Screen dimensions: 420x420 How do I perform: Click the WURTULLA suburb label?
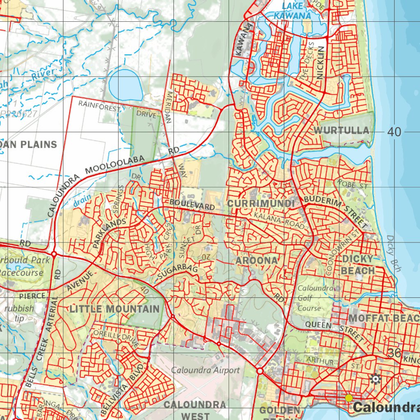pyautogui.click(x=341, y=130)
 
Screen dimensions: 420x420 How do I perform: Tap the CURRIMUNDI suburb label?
pyautogui.click(x=261, y=204)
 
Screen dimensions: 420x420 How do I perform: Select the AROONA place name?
pyautogui.click(x=257, y=260)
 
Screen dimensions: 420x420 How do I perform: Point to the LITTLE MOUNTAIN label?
pyautogui.click(x=114, y=309)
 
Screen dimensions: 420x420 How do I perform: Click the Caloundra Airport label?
pyautogui.click(x=205, y=370)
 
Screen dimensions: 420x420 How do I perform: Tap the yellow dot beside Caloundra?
pyautogui.click(x=349, y=397)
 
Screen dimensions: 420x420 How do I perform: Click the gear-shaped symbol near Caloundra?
pyautogui.click(x=375, y=379)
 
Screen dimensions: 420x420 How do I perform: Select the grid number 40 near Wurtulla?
pyautogui.click(x=394, y=132)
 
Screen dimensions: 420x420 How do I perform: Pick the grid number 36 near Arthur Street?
pyautogui.click(x=394, y=353)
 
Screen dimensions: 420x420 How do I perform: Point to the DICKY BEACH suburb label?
pyautogui.click(x=358, y=265)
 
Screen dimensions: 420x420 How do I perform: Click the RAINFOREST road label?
pyautogui.click(x=100, y=106)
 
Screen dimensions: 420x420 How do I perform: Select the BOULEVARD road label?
pyautogui.click(x=192, y=204)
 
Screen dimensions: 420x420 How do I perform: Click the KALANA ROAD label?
pyautogui.click(x=279, y=220)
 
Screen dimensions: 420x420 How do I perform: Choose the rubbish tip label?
pyautogui.click(x=20, y=313)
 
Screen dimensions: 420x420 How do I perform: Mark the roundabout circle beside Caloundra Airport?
pyautogui.click(x=260, y=371)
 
